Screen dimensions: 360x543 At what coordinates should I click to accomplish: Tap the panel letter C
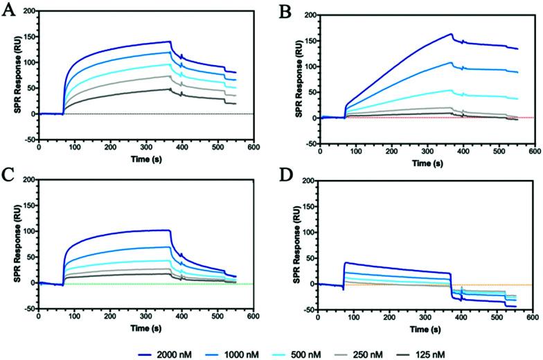(10, 170)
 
